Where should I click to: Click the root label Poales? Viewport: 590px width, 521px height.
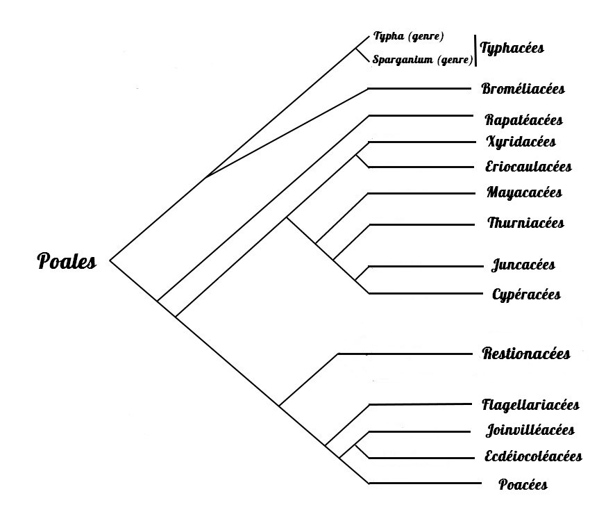(67, 262)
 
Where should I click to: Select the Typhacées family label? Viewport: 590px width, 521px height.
(512, 49)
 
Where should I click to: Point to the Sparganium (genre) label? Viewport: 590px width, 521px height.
(422, 60)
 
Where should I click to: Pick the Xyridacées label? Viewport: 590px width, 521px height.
(521, 142)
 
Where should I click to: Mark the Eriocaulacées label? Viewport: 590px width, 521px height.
(528, 167)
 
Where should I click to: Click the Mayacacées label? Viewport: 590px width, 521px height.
(525, 192)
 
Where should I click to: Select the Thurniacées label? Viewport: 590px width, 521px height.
(525, 223)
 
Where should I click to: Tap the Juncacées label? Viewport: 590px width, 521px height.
(523, 265)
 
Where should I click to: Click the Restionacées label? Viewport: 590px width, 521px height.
(526, 354)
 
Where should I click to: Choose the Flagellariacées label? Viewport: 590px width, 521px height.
(530, 405)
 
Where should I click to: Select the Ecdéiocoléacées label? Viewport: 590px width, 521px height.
(532, 456)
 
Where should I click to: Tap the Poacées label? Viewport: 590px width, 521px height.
(523, 485)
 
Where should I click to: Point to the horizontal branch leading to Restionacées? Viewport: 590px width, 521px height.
(403, 354)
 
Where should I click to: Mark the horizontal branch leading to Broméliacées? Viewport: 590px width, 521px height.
(420, 89)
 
